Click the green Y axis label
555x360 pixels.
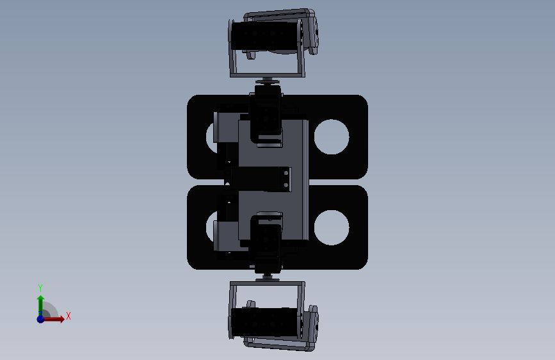pyautogui.click(x=40, y=288)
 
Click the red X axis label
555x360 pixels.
pyautogui.click(x=68, y=316)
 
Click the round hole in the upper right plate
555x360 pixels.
pyautogui.click(x=332, y=137)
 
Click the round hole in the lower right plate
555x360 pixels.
pyautogui.click(x=332, y=227)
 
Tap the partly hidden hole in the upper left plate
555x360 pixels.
pyautogui.click(x=211, y=138)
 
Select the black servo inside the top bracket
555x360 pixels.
pyautogui.click(x=265, y=35)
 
